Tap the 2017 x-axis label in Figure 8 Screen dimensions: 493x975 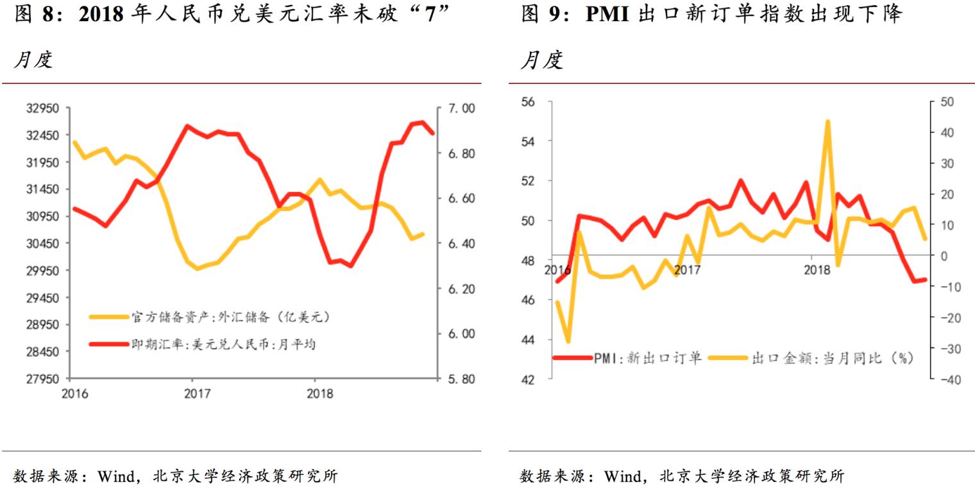pyautogui.click(x=197, y=394)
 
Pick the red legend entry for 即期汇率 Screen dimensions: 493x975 pyautogui.click(x=203, y=345)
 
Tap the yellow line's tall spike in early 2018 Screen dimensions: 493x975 pyautogui.click(x=827, y=121)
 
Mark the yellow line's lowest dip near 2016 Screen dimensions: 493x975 pyautogui.click(x=568, y=341)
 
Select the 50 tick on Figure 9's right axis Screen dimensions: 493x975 pyautogui.click(x=947, y=101)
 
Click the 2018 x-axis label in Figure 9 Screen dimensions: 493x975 pyautogui.click(x=817, y=270)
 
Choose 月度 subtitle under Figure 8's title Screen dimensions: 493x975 pyautogui.click(x=33, y=60)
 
